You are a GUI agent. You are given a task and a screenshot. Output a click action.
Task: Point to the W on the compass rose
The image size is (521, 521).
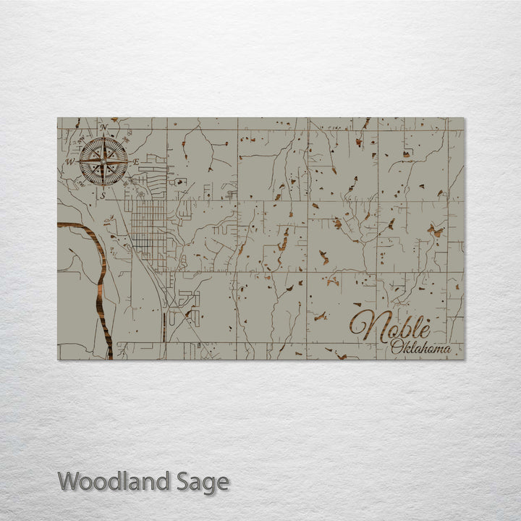(x=71, y=161)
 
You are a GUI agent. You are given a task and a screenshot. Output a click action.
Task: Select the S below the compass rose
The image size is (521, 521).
(x=103, y=195)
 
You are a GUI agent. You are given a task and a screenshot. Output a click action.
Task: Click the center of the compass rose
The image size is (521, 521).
(x=103, y=161)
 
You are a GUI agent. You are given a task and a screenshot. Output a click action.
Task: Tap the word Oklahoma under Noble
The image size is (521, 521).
(x=420, y=349)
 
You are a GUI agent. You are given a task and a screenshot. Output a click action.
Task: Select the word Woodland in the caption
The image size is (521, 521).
(x=115, y=481)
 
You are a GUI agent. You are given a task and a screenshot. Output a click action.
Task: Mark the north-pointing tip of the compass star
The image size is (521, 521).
(x=103, y=138)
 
